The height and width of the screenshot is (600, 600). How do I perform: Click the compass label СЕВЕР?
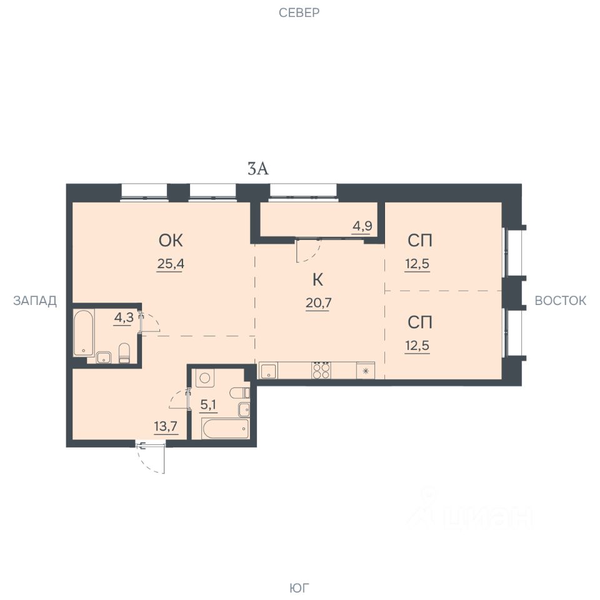pos(299,12)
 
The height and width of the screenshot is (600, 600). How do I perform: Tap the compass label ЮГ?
pos(299,587)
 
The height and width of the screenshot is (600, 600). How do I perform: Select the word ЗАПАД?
pos(35,301)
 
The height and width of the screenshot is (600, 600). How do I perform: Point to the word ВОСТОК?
pos(560,301)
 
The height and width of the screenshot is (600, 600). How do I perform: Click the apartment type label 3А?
pos(258,169)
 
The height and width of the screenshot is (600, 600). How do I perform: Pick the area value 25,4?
pos(171,264)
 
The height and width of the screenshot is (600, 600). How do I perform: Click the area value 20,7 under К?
pos(318,303)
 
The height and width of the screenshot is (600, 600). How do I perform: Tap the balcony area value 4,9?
pos(362,226)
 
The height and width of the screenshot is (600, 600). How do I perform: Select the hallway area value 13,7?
pos(166,426)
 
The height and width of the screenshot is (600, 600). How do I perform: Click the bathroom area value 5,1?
pos(209,404)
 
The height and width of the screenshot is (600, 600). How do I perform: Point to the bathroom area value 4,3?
pos(124,317)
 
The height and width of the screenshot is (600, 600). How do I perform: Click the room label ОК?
pos(171,241)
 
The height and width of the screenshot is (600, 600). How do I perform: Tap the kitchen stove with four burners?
pos(321,370)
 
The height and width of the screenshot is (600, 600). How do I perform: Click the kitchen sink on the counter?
pos(269,371)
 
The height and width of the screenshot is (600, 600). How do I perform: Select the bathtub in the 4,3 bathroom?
pos(84,332)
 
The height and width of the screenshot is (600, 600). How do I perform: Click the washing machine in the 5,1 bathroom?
pos(205,378)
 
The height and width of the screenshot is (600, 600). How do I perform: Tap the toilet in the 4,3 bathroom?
pos(124,352)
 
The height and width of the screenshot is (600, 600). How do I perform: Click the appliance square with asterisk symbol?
pos(366,371)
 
